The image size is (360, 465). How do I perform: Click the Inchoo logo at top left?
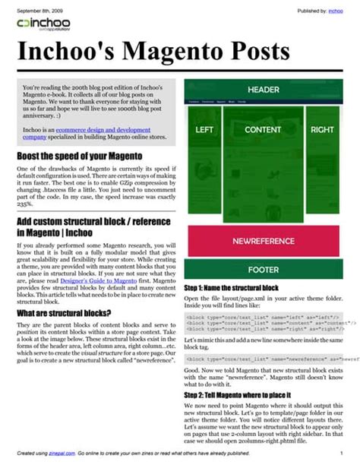coord(43,25)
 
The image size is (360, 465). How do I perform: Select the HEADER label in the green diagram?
coord(263,89)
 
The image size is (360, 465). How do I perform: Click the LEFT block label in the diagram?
coord(204,130)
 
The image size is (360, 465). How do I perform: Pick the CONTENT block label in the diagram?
coord(263,130)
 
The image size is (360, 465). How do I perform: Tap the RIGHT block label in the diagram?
coord(322,130)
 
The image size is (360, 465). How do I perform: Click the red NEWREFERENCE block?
coord(263,241)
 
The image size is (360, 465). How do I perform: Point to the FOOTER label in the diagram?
coord(263,270)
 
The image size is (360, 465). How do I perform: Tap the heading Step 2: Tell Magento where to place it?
coord(245,396)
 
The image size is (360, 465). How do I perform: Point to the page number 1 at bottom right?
coord(341,451)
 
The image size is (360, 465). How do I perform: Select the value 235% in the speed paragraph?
coord(24,204)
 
